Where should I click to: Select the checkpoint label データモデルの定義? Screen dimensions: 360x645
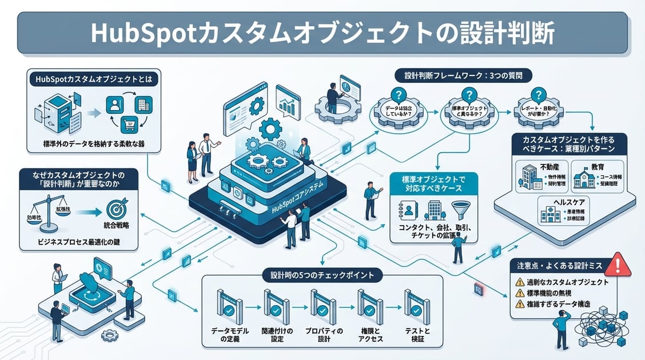pos(227,335)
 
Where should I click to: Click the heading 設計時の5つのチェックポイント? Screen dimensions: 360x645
pos(322,275)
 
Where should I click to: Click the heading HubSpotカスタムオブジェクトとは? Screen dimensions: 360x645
pos(93,79)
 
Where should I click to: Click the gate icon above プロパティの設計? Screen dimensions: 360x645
pos(322,303)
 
